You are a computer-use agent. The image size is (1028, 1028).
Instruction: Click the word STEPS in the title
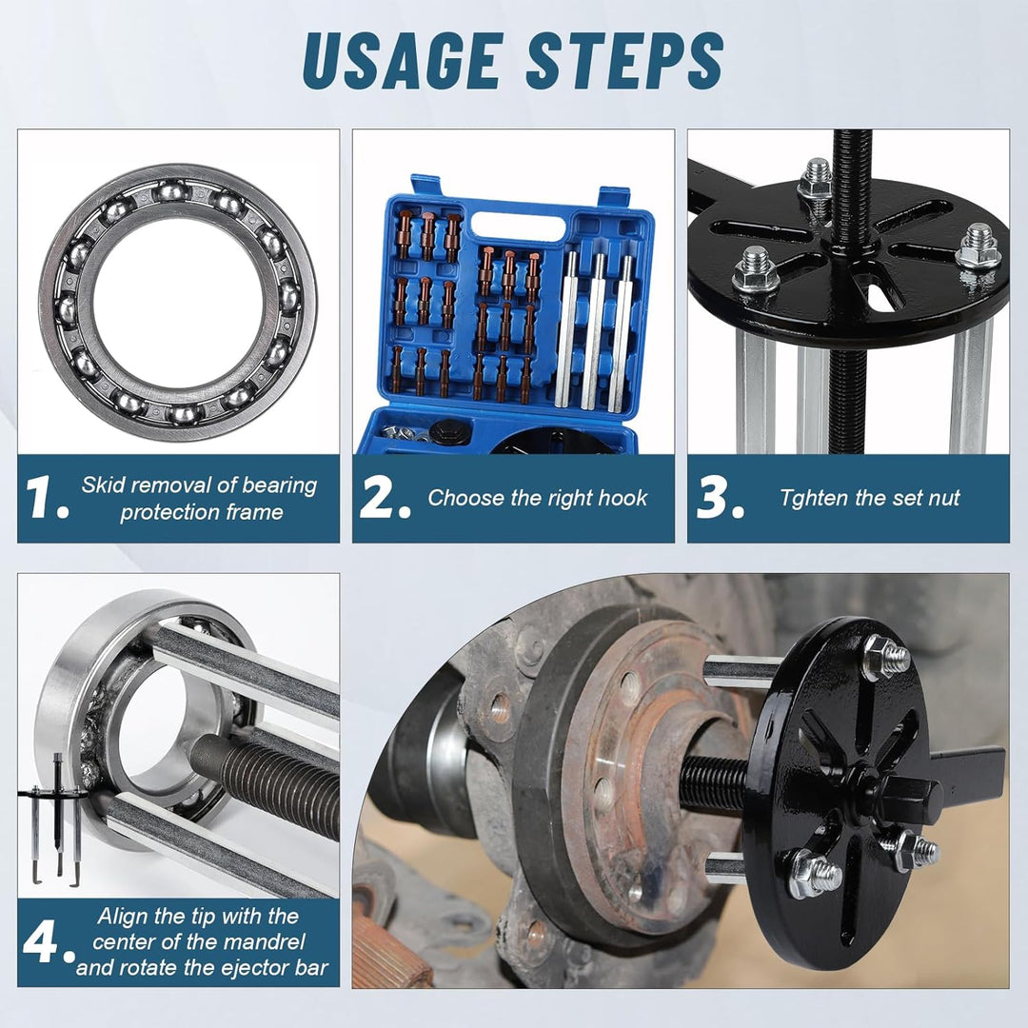pos(624,60)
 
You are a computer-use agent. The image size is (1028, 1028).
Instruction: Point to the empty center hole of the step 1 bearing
pos(178,303)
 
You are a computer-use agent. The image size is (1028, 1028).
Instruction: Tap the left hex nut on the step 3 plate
pos(755,269)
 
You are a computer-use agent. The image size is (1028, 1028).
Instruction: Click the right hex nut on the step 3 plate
pos(979,247)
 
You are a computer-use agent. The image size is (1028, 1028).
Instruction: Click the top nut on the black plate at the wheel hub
pos(886,656)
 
